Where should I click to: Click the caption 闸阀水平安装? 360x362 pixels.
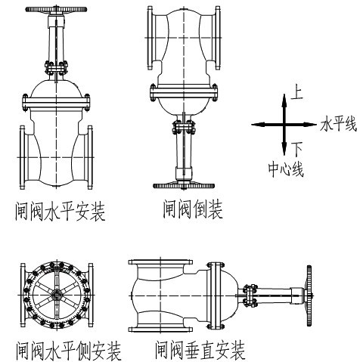(x=60, y=211)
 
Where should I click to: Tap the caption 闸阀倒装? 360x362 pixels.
(x=193, y=209)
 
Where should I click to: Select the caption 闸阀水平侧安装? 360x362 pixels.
(x=69, y=351)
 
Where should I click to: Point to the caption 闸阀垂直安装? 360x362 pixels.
(x=200, y=350)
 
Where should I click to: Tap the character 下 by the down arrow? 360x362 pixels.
(x=297, y=149)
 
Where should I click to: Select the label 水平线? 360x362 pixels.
(x=339, y=124)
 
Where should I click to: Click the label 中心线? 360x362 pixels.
(x=286, y=169)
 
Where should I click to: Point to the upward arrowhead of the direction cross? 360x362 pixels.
(x=284, y=101)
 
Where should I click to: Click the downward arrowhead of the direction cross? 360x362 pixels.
(x=284, y=149)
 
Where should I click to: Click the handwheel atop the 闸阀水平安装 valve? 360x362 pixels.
(x=56, y=10)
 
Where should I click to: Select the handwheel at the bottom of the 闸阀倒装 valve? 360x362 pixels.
(x=184, y=186)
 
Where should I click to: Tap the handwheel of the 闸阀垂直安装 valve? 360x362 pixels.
(x=309, y=295)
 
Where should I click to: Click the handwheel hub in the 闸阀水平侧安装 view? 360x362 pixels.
(x=57, y=295)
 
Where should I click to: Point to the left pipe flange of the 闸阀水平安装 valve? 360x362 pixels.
(x=23, y=157)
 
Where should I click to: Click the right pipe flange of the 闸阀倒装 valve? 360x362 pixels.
(x=218, y=38)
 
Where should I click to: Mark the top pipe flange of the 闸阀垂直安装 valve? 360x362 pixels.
(x=160, y=262)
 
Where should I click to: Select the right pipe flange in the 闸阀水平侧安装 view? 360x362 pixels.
(x=91, y=295)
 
